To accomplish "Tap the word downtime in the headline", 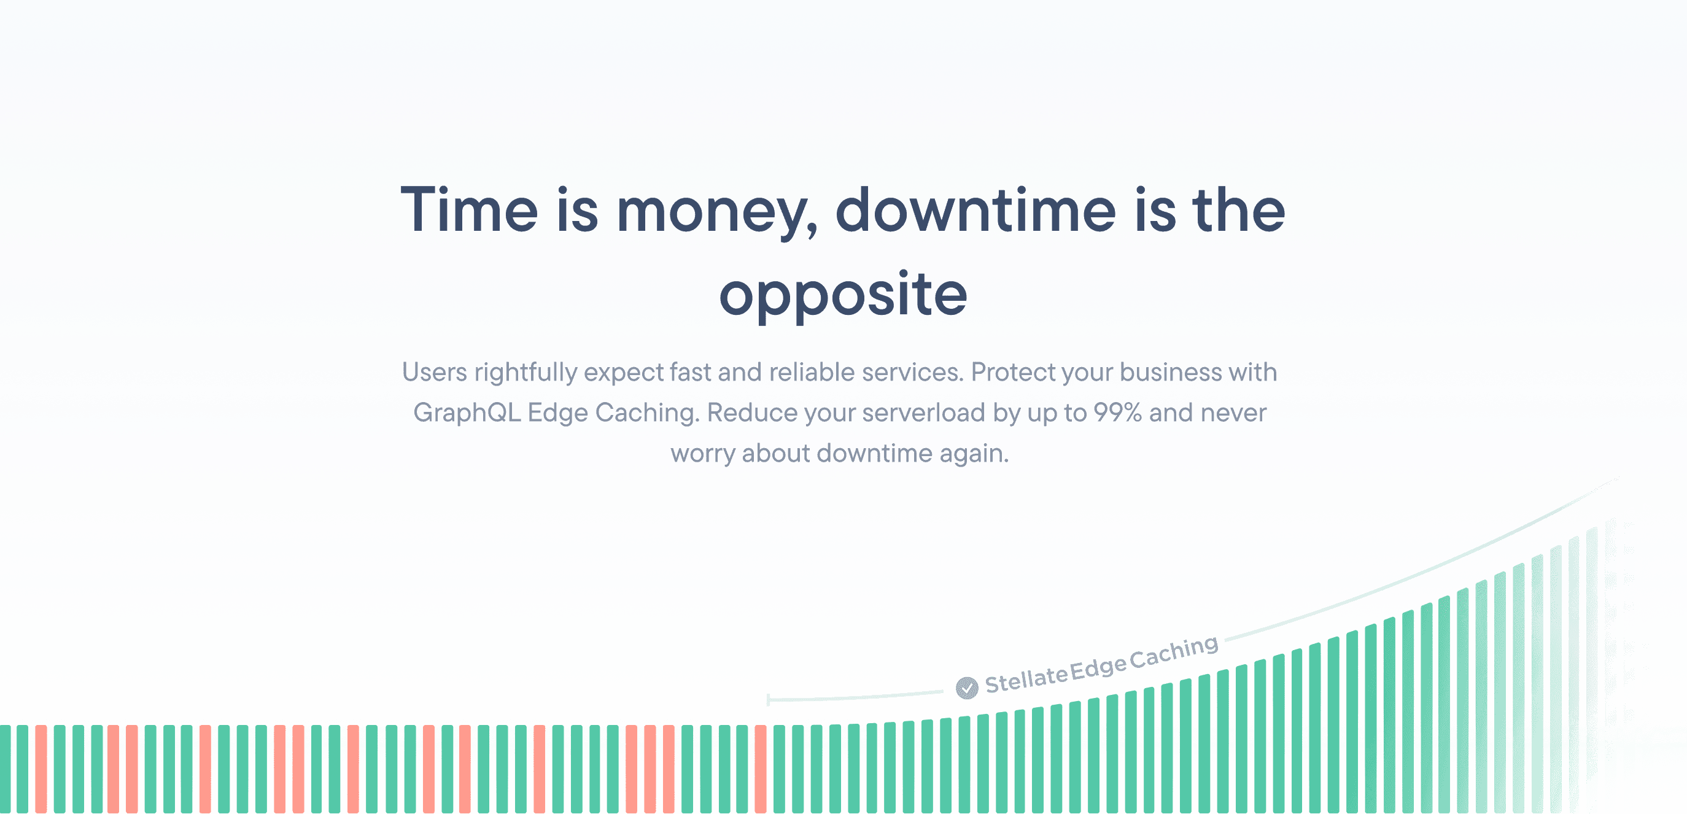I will click(975, 211).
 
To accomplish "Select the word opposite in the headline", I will click(843, 295).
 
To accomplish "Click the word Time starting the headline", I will click(469, 211).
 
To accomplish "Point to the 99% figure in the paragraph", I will click(1117, 413).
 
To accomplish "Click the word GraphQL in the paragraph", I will click(467, 413).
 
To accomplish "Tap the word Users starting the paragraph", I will click(434, 372).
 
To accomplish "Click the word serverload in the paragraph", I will click(923, 413).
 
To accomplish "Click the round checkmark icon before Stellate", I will click(967, 688).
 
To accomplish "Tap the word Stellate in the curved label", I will click(1026, 679).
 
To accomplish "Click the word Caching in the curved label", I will click(1174, 653).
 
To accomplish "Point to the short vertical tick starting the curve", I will click(768, 699).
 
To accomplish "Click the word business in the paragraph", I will click(1170, 372).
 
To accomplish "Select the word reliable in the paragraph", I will click(812, 372).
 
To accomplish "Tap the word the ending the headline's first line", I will click(1238, 211).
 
